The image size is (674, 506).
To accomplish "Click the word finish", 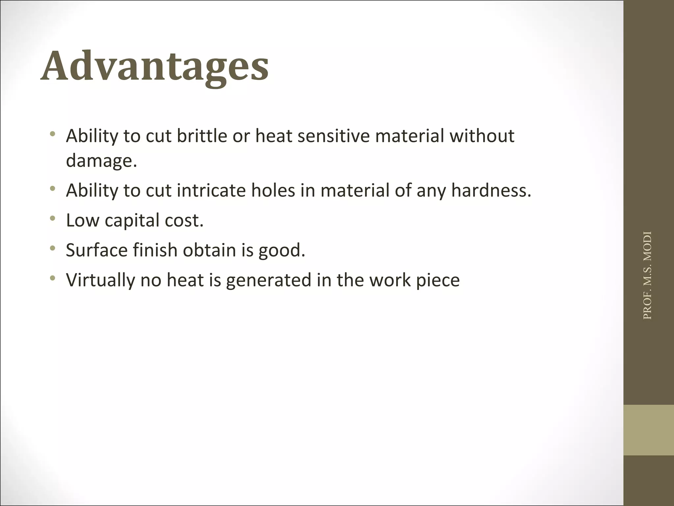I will pos(155,250).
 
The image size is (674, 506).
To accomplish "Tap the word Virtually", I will pos(100,280).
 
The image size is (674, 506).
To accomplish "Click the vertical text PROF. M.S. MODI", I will pos(647,275).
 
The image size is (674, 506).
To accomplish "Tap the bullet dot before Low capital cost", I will pos(52,218).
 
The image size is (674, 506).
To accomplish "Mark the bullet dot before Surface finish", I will pos(52,248).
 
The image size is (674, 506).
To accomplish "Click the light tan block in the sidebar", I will pos(648,430).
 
